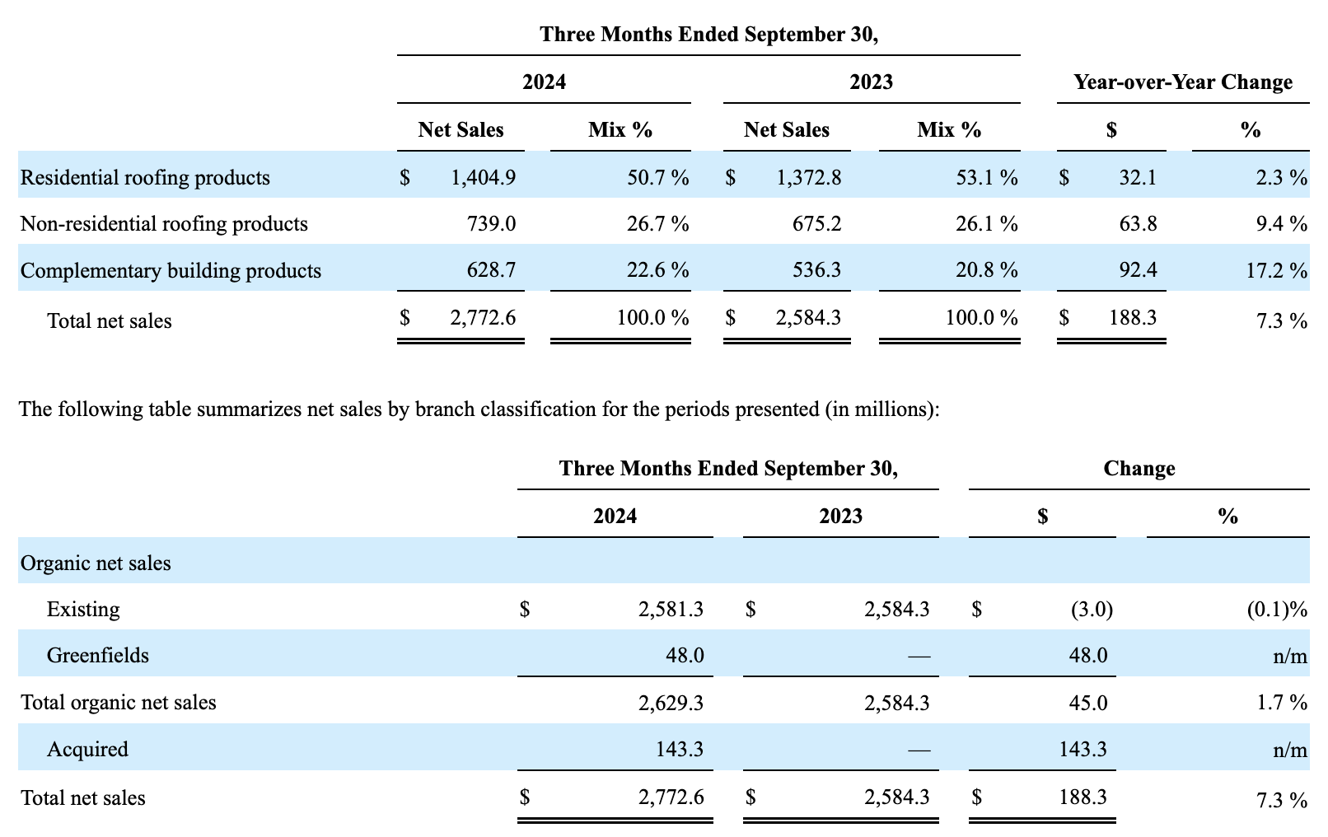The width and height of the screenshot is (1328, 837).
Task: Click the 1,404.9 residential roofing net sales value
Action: pos(483,177)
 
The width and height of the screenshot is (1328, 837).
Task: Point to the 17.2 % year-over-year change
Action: pos(1276,271)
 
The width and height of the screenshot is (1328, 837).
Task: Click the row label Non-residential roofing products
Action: pos(164,223)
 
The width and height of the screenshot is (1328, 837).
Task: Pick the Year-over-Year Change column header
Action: pos(1183,82)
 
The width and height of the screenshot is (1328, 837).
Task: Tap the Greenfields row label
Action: pos(98,655)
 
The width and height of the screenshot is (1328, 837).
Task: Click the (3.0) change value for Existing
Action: pos(1092,609)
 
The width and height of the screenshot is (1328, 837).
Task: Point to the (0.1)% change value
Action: pos(1276,609)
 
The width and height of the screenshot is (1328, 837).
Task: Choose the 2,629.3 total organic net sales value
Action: pos(671,702)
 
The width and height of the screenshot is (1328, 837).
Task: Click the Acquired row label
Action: pos(87,749)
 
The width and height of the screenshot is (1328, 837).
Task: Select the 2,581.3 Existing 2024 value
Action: pos(671,609)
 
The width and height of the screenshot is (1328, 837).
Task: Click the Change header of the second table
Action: pos(1139,469)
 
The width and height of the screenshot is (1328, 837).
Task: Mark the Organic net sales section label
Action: pos(96,563)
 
